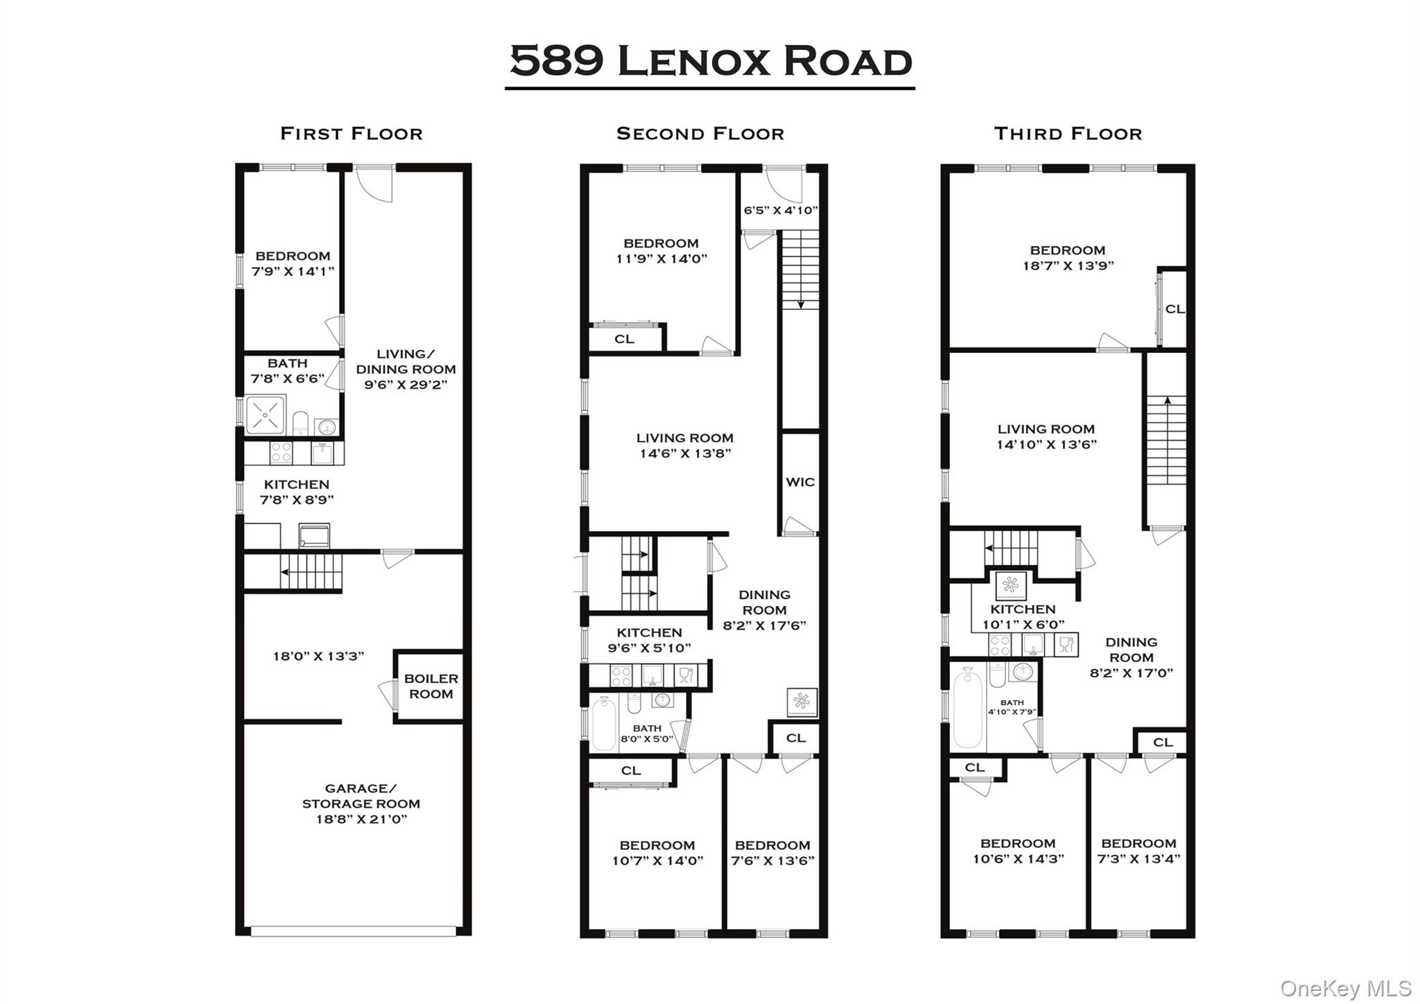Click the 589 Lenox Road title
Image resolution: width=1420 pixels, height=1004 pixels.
point(710,61)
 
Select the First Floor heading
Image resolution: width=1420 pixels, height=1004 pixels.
point(351,134)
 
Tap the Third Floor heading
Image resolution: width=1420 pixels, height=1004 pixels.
point(1068,134)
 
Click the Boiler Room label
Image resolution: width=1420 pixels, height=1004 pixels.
point(431,686)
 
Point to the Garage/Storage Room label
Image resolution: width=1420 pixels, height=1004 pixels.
point(361,803)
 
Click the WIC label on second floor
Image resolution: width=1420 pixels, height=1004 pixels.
point(799,482)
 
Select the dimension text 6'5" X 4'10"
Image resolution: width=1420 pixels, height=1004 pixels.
point(781,210)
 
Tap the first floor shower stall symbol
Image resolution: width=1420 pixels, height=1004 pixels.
point(266,415)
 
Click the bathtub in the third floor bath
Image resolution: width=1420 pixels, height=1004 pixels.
point(968,709)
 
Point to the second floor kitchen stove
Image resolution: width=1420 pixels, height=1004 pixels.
point(621,675)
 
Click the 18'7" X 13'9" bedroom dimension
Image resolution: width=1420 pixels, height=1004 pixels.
point(1068,266)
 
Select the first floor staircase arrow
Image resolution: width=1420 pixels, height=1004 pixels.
point(286,572)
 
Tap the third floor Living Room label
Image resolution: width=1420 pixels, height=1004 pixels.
point(1046,429)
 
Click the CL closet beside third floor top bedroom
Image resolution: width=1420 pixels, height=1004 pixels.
point(1174,309)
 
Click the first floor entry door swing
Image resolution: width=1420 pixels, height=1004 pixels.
point(375,184)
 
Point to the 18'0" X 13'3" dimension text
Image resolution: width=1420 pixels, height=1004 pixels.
point(318,656)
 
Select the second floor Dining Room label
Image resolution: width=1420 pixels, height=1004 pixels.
point(764,602)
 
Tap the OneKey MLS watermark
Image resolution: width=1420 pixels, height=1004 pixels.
point(1345,988)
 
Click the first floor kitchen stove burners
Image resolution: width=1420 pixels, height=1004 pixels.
point(281,453)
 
